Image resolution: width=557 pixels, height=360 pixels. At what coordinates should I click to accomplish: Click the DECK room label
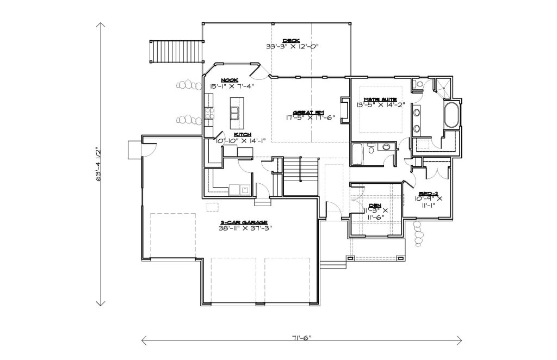pyautogui.click(x=291, y=40)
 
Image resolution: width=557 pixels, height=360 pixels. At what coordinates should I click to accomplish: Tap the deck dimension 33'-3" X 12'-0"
pyautogui.click(x=292, y=46)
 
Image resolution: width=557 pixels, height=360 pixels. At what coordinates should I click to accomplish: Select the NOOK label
pyautogui.click(x=229, y=80)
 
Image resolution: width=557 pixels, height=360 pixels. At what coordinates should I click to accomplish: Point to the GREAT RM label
pyautogui.click(x=308, y=112)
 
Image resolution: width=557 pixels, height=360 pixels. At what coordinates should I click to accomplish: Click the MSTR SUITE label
pyautogui.click(x=380, y=100)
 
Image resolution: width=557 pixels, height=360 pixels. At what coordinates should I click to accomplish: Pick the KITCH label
pyautogui.click(x=243, y=134)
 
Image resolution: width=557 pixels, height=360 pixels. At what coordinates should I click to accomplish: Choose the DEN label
pyautogui.click(x=375, y=205)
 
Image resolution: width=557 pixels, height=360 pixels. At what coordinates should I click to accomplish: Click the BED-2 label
pyautogui.click(x=428, y=194)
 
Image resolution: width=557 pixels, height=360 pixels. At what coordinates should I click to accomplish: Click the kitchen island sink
pyautogui.click(x=234, y=114)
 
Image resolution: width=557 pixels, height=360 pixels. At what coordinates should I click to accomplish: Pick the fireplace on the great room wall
pyautogui.click(x=344, y=110)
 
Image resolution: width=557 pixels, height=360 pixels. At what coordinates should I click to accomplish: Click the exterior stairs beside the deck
pyautogui.click(x=176, y=52)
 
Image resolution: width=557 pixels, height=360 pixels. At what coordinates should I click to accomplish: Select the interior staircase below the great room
pyautogui.click(x=300, y=176)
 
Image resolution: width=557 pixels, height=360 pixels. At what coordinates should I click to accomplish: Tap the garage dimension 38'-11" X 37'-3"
pyautogui.click(x=245, y=228)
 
